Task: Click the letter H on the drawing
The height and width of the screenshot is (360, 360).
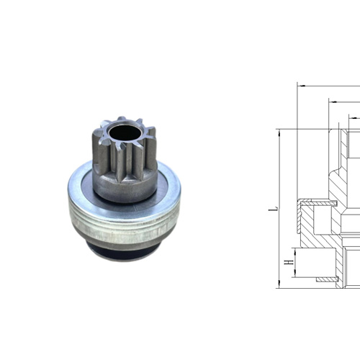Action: pos(288,264)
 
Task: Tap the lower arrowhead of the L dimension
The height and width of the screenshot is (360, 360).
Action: pos(279,287)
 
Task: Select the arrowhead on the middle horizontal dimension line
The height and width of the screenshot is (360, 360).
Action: pos(332,99)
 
